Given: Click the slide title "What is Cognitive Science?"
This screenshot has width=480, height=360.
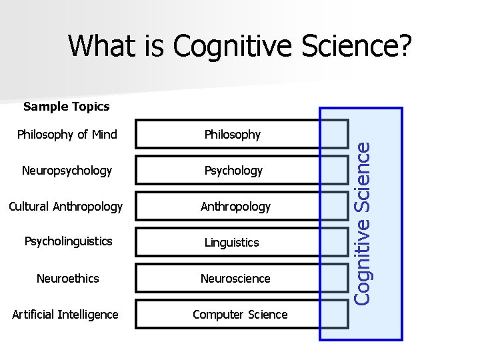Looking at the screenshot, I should pyautogui.click(x=240, y=46).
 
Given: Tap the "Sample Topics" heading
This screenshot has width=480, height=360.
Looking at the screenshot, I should pyautogui.click(x=66, y=106).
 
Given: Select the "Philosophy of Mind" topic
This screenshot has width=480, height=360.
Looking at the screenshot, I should pyautogui.click(x=67, y=135).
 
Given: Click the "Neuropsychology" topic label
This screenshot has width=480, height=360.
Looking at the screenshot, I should pyautogui.click(x=67, y=171).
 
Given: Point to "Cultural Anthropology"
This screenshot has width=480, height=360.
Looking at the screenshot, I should pyautogui.click(x=65, y=207).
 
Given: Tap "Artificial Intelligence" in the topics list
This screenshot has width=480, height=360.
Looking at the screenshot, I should pyautogui.click(x=65, y=314).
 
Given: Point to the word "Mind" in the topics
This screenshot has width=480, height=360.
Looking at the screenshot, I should pyautogui.click(x=104, y=135).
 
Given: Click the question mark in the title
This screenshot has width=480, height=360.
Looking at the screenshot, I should pyautogui.click(x=403, y=46).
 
